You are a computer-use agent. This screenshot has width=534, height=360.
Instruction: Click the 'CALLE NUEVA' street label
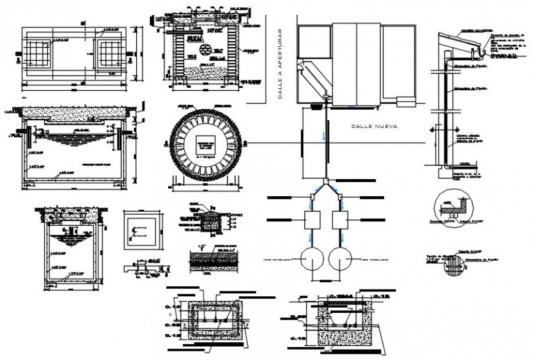click(374, 126)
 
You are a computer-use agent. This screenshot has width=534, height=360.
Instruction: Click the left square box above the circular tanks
click(314, 220)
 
